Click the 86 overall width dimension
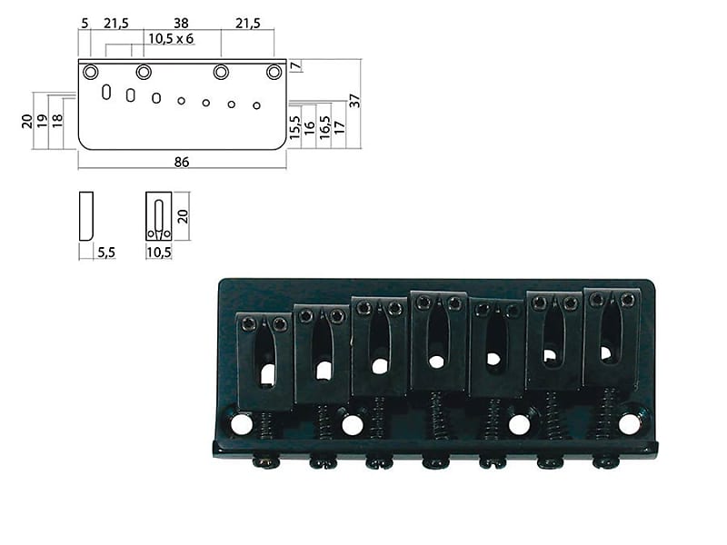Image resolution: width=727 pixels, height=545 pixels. pyautogui.click(x=181, y=162)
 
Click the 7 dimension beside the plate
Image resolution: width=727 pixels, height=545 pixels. pyautogui.click(x=294, y=67)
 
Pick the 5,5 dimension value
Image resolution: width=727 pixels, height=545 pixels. pyautogui.click(x=105, y=252)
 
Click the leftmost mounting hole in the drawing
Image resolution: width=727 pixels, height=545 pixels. pyautogui.click(x=91, y=72)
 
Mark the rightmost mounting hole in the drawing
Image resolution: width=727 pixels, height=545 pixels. pyautogui.click(x=274, y=72)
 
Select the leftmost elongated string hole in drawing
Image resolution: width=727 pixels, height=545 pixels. pyautogui.click(x=106, y=92)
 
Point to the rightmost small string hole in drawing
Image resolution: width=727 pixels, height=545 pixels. pyautogui.click(x=257, y=105)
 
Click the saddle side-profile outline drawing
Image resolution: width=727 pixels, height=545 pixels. pyautogui.click(x=86, y=215)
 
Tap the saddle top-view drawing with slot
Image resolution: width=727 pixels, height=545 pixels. pyautogui.click(x=158, y=216)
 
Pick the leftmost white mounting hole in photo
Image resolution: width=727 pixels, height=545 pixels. pyautogui.click(x=241, y=424)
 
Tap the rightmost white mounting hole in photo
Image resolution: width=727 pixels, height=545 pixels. pyautogui.click(x=628, y=423)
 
